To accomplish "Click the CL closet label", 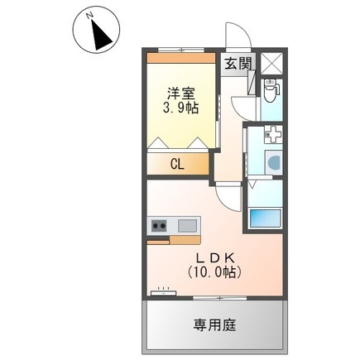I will (177, 164).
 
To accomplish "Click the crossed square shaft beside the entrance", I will (271, 64).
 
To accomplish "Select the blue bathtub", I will (266, 218).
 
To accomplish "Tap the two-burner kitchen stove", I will (159, 225).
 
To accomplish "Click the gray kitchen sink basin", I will (185, 225).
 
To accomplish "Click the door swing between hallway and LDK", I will (228, 198).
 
